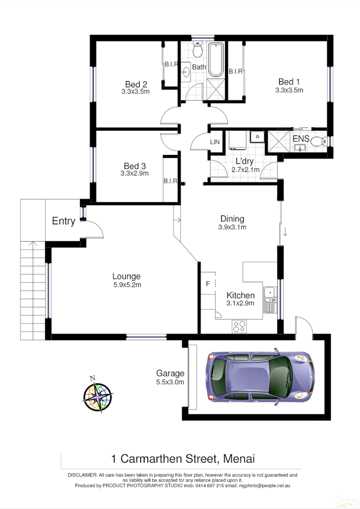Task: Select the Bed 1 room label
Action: pos(289,81)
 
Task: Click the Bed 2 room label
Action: pos(136,84)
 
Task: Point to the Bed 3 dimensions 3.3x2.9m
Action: pos(135,173)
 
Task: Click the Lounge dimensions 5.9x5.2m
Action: pos(126,284)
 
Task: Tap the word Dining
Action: pos(232,219)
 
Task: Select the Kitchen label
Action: pos(240,295)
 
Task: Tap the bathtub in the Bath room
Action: pos(215,60)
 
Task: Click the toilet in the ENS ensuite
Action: pos(318,142)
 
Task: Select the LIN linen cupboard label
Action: pos(215,142)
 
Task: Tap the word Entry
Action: pos(63,221)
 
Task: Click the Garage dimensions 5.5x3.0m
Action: pos(170,382)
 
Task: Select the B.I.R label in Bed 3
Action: pos(171,181)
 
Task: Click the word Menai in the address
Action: pos(238,458)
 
